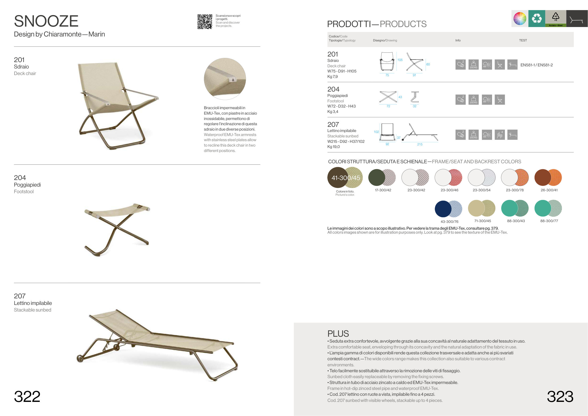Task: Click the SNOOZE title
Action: tap(46, 21)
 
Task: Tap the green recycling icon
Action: tap(536, 18)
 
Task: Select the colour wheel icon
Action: tap(520, 18)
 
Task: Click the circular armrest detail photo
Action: tap(225, 79)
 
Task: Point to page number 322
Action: tap(27, 396)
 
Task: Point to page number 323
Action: tap(560, 396)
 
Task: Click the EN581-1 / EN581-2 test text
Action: tap(536, 65)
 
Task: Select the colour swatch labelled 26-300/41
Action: tap(548, 177)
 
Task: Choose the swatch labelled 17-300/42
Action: tap(382, 177)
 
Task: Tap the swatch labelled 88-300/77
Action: tap(548, 208)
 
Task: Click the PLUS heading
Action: tap(338, 333)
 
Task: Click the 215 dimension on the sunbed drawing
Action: tap(420, 144)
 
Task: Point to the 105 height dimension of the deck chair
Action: tap(400, 60)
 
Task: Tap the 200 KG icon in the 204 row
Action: tap(473, 100)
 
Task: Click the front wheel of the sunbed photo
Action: tap(80, 359)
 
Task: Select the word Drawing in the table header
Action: tap(391, 40)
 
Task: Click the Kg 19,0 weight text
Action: tap(334, 147)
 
